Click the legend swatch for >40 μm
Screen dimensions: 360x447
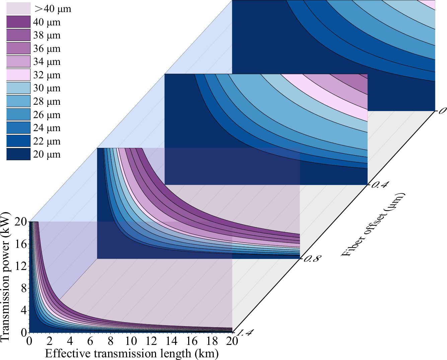coord(18,9)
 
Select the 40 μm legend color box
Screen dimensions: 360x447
coord(18,22)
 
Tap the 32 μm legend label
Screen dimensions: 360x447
coord(47,75)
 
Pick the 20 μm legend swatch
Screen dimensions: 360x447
coord(18,154)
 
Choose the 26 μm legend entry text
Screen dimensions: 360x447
coord(47,115)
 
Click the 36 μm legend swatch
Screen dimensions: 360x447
coord(18,49)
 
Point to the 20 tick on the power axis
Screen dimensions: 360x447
coord(20,222)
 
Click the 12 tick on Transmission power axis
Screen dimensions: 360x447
coord(20,266)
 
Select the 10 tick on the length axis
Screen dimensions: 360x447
coord(131,341)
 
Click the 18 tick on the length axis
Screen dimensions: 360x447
coord(212,341)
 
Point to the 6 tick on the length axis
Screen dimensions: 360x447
coord(90,341)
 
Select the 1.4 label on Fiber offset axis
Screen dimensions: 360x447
coord(244,332)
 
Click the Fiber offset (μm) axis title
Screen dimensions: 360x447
coord(374,225)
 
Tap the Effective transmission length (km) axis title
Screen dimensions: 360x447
coord(132,354)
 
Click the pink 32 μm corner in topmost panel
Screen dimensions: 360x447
coord(430,4)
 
